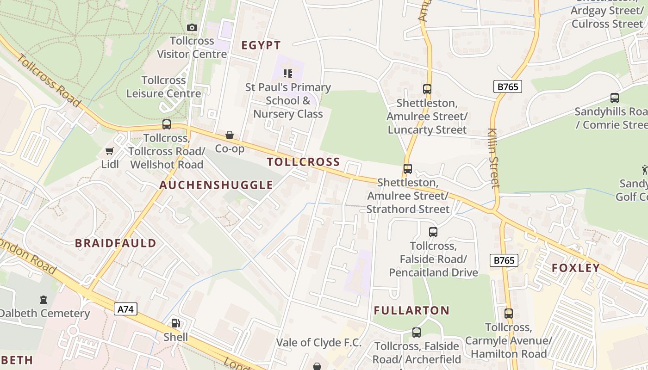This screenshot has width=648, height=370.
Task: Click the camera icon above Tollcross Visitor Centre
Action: (x=192, y=28)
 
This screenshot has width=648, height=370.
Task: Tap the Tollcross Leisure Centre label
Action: (x=164, y=87)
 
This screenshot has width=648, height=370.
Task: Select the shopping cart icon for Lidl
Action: (x=110, y=151)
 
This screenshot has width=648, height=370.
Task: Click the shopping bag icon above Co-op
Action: (x=229, y=135)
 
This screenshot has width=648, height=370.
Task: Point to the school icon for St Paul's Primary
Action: (x=288, y=74)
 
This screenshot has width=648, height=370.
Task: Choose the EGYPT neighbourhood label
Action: (x=261, y=45)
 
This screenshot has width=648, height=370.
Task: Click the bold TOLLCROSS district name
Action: (x=303, y=162)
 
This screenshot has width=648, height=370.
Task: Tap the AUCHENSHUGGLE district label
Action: (x=216, y=185)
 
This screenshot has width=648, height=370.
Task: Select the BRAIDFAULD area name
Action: (x=116, y=243)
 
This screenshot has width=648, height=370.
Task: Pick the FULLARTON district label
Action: (x=411, y=310)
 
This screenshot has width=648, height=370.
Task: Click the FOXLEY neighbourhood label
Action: (x=576, y=268)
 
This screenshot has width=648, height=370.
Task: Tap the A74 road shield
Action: (x=126, y=309)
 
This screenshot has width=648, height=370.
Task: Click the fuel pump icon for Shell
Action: (x=176, y=323)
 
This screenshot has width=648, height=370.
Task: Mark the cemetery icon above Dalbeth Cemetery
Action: (x=44, y=300)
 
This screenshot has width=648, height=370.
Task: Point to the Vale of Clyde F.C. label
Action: (x=319, y=343)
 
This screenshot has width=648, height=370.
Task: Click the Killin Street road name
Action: (x=493, y=158)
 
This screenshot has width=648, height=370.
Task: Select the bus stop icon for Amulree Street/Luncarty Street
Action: (x=427, y=89)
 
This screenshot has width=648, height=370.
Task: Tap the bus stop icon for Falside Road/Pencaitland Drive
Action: (x=433, y=232)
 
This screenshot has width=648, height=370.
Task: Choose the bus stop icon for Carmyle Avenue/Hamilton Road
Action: (x=509, y=314)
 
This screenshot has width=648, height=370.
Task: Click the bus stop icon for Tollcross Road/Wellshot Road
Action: (x=166, y=124)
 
